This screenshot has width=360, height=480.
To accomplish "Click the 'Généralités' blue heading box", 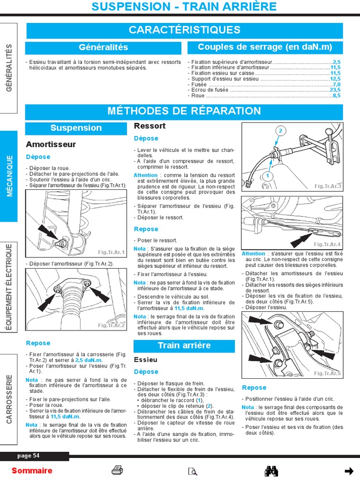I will pyautogui.click(x=104, y=47).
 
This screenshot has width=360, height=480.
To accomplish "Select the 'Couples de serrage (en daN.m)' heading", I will pyautogui.click(x=265, y=47).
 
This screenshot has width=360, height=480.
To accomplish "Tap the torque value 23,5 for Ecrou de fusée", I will pyautogui.click(x=335, y=90).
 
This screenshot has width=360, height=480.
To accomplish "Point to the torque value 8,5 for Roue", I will pyautogui.click(x=337, y=96).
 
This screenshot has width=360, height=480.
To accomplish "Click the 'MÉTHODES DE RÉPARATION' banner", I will pyautogui.click(x=184, y=112).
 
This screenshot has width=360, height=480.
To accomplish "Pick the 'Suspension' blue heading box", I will pyautogui.click(x=76, y=128).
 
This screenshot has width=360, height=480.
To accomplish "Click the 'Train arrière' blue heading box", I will pyautogui.click(x=184, y=346).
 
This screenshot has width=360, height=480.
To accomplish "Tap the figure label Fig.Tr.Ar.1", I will pyautogui.click(x=112, y=252).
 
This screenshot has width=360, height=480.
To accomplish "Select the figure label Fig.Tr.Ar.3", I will pyautogui.click(x=328, y=187).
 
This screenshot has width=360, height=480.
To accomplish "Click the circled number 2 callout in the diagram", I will pyautogui.click(x=281, y=130).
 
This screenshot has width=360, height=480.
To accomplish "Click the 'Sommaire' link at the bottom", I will pyautogui.click(x=32, y=471).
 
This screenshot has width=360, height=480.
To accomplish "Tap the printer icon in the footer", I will pyautogui.click(x=117, y=471).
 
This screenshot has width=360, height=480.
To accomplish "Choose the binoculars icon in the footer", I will pyautogui.click(x=272, y=471).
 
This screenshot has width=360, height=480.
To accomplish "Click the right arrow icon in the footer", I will pyautogui.click(x=348, y=471).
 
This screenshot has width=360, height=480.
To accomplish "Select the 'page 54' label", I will pyautogui.click(x=29, y=456).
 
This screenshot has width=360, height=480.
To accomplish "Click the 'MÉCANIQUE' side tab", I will pyautogui.click(x=9, y=176).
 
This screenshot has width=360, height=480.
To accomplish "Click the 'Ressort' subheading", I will pyautogui.click(x=150, y=126).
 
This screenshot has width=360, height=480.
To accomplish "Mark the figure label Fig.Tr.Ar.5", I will pyautogui.click(x=328, y=373).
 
